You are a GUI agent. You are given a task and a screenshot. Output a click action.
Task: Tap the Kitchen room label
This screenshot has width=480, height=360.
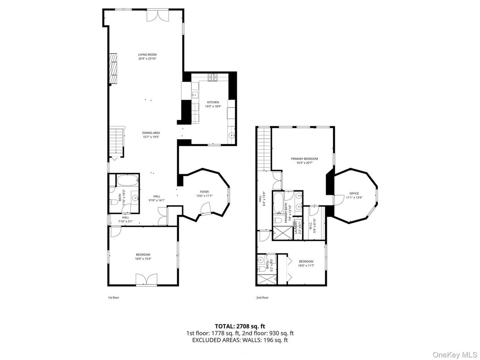point(212,104)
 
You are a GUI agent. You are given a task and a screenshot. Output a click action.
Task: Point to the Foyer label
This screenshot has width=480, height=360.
point(204,193)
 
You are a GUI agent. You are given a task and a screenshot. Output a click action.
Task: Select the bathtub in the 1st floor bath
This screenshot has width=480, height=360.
point(128,181)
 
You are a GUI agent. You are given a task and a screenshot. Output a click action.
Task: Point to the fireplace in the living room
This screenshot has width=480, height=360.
point(114,68)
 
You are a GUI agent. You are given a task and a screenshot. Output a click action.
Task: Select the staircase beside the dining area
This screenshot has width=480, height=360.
point(116,141)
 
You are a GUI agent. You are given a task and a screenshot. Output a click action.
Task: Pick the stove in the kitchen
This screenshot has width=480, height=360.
point(211,77)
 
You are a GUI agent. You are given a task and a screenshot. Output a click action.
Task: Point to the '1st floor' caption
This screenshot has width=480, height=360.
point(113,297)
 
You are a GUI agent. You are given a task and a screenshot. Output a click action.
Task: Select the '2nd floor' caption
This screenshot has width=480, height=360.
point(262,297)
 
